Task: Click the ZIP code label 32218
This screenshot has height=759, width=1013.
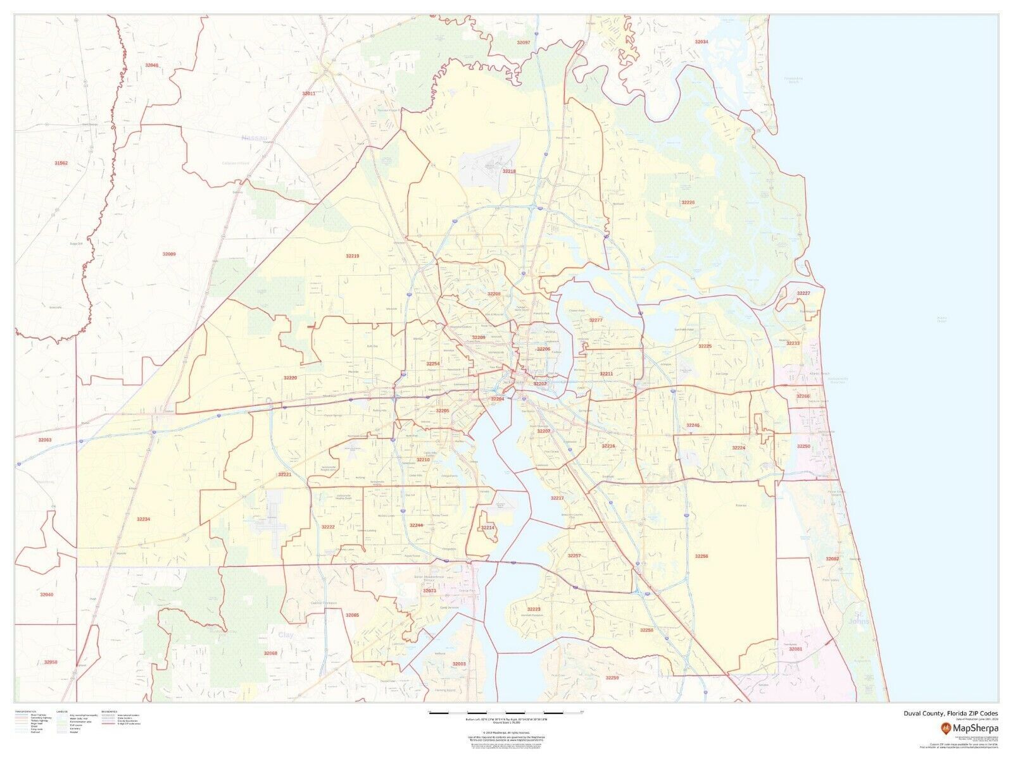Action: [x=509, y=171]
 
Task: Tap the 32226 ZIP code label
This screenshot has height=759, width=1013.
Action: [x=688, y=202]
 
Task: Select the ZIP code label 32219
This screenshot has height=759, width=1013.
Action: [x=352, y=256]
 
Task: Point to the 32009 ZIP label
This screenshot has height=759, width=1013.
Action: [x=169, y=254]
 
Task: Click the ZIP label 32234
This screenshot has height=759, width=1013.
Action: [x=143, y=519]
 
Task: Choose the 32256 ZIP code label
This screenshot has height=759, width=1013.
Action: [x=701, y=556]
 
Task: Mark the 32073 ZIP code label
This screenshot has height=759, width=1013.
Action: [x=429, y=591]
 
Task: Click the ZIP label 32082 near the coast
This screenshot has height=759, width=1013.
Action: [x=832, y=559]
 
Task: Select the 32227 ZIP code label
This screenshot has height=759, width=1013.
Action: [x=803, y=293]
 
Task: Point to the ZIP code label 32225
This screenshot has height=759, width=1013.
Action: [x=705, y=347]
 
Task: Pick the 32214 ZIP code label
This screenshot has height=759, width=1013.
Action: [x=488, y=528]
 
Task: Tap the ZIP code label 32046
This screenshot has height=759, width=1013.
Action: [x=152, y=65]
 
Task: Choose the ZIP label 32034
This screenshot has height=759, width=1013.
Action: [x=702, y=42]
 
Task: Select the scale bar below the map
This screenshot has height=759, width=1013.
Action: [x=505, y=712]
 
